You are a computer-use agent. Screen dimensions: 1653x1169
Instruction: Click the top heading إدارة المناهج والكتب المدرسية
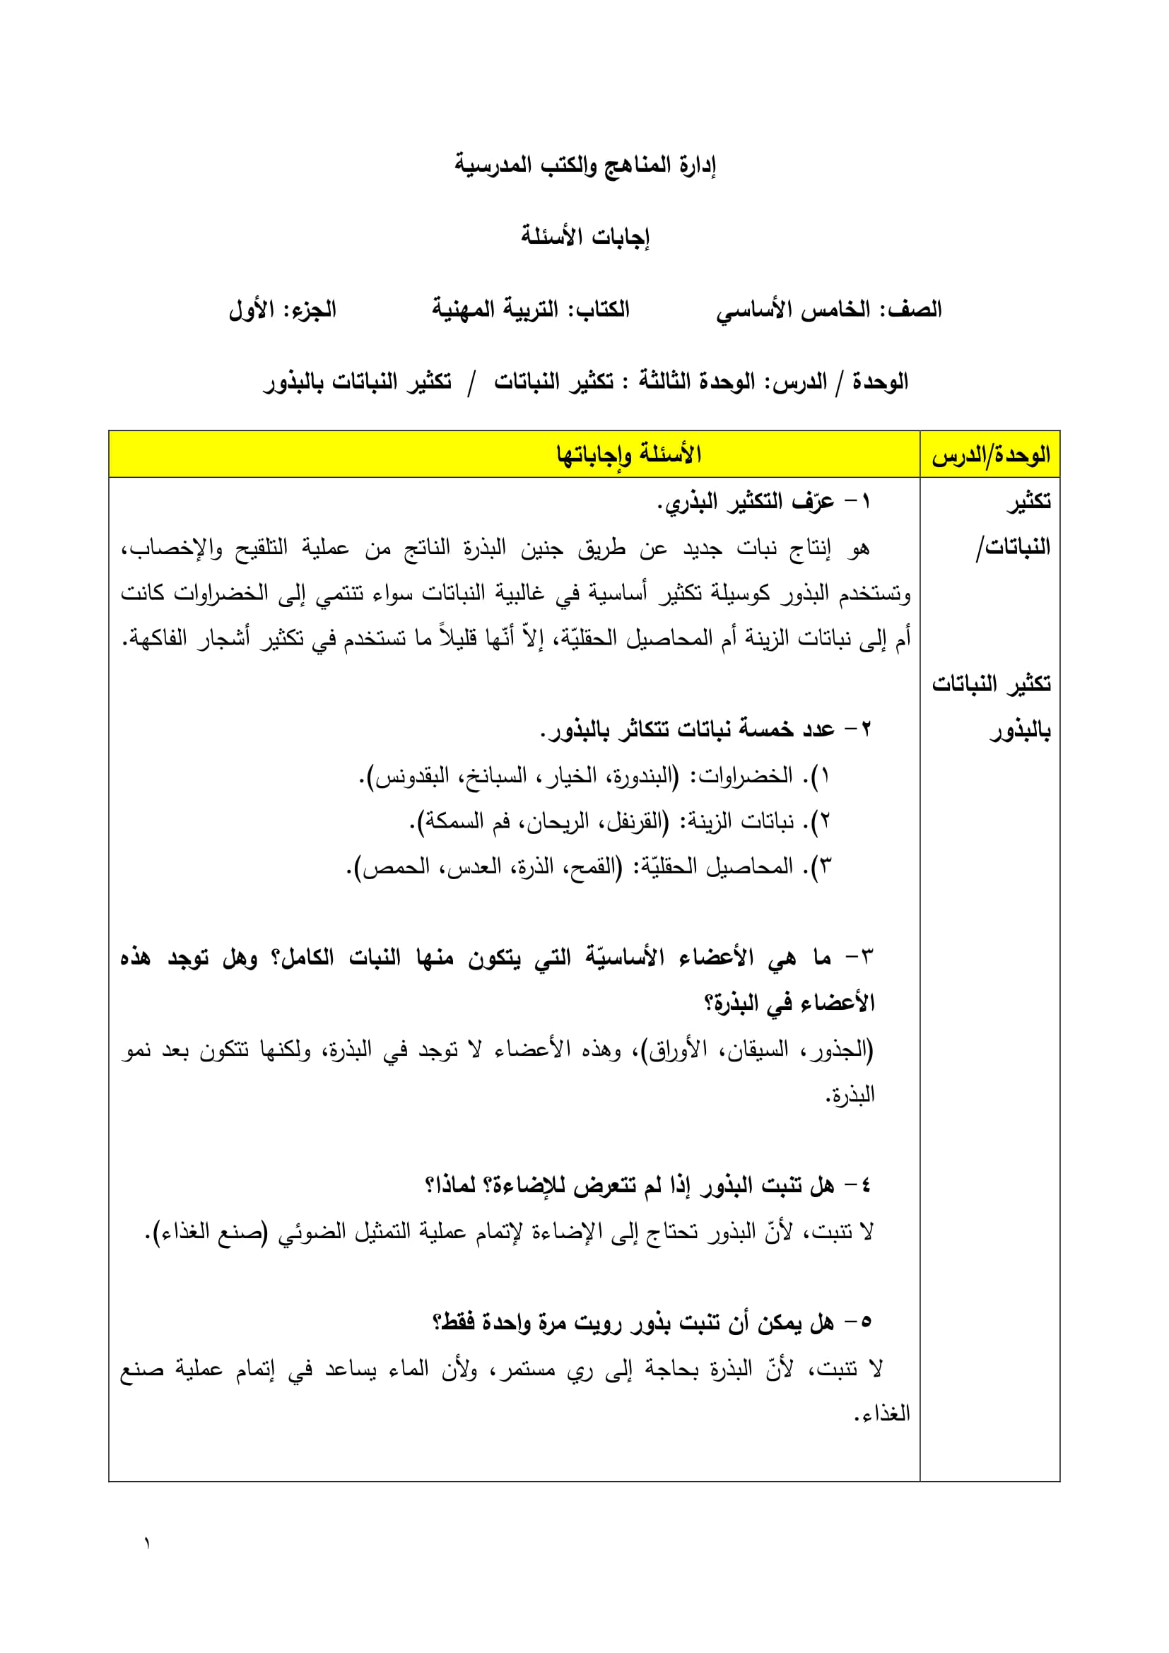click(x=584, y=165)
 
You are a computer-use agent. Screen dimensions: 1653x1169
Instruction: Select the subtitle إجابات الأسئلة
click(x=584, y=237)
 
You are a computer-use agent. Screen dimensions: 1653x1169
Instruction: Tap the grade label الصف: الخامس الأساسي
click(x=828, y=310)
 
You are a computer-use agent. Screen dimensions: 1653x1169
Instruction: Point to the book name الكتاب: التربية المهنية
click(x=531, y=310)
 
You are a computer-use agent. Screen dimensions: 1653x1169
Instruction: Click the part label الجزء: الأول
click(x=282, y=310)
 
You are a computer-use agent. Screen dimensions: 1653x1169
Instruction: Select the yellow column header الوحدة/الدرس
click(x=989, y=455)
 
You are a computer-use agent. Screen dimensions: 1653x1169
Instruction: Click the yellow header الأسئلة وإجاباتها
click(x=628, y=455)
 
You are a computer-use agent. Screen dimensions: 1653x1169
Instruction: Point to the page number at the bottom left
click(x=147, y=1543)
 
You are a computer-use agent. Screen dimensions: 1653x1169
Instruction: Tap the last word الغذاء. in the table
click(x=882, y=1413)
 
